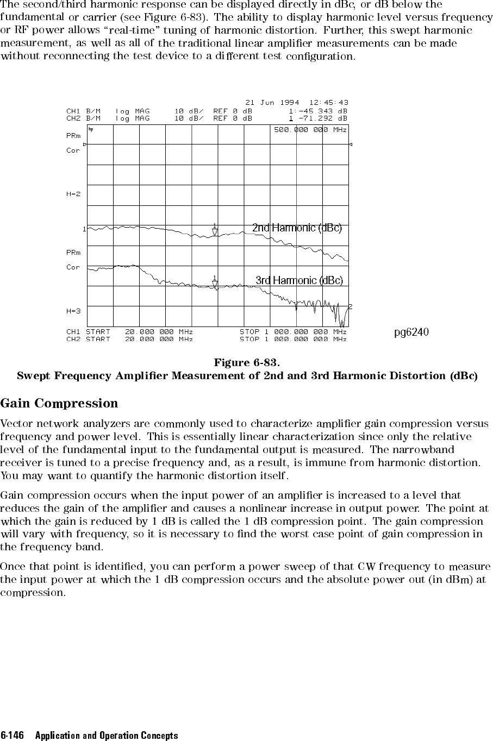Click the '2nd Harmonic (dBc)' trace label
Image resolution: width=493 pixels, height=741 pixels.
point(297,228)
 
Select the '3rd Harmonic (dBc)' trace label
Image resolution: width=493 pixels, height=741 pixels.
point(299,280)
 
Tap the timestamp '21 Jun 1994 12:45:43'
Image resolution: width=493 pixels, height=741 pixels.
point(297,102)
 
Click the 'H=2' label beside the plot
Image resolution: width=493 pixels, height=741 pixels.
point(73,194)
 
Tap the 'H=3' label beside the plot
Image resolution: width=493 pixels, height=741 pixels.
point(73,311)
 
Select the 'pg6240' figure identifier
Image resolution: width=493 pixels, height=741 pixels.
point(411,332)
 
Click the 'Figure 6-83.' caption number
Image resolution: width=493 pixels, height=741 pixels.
point(247,362)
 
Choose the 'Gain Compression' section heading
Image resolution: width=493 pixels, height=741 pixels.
point(59,404)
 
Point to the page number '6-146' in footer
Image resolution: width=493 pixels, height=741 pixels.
point(13,736)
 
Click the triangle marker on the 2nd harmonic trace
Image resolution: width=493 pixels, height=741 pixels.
point(215,231)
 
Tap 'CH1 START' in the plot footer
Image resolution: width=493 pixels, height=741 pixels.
point(88,331)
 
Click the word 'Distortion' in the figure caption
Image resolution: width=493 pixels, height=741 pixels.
point(419,375)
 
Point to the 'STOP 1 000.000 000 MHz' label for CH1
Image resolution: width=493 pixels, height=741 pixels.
point(293,331)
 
